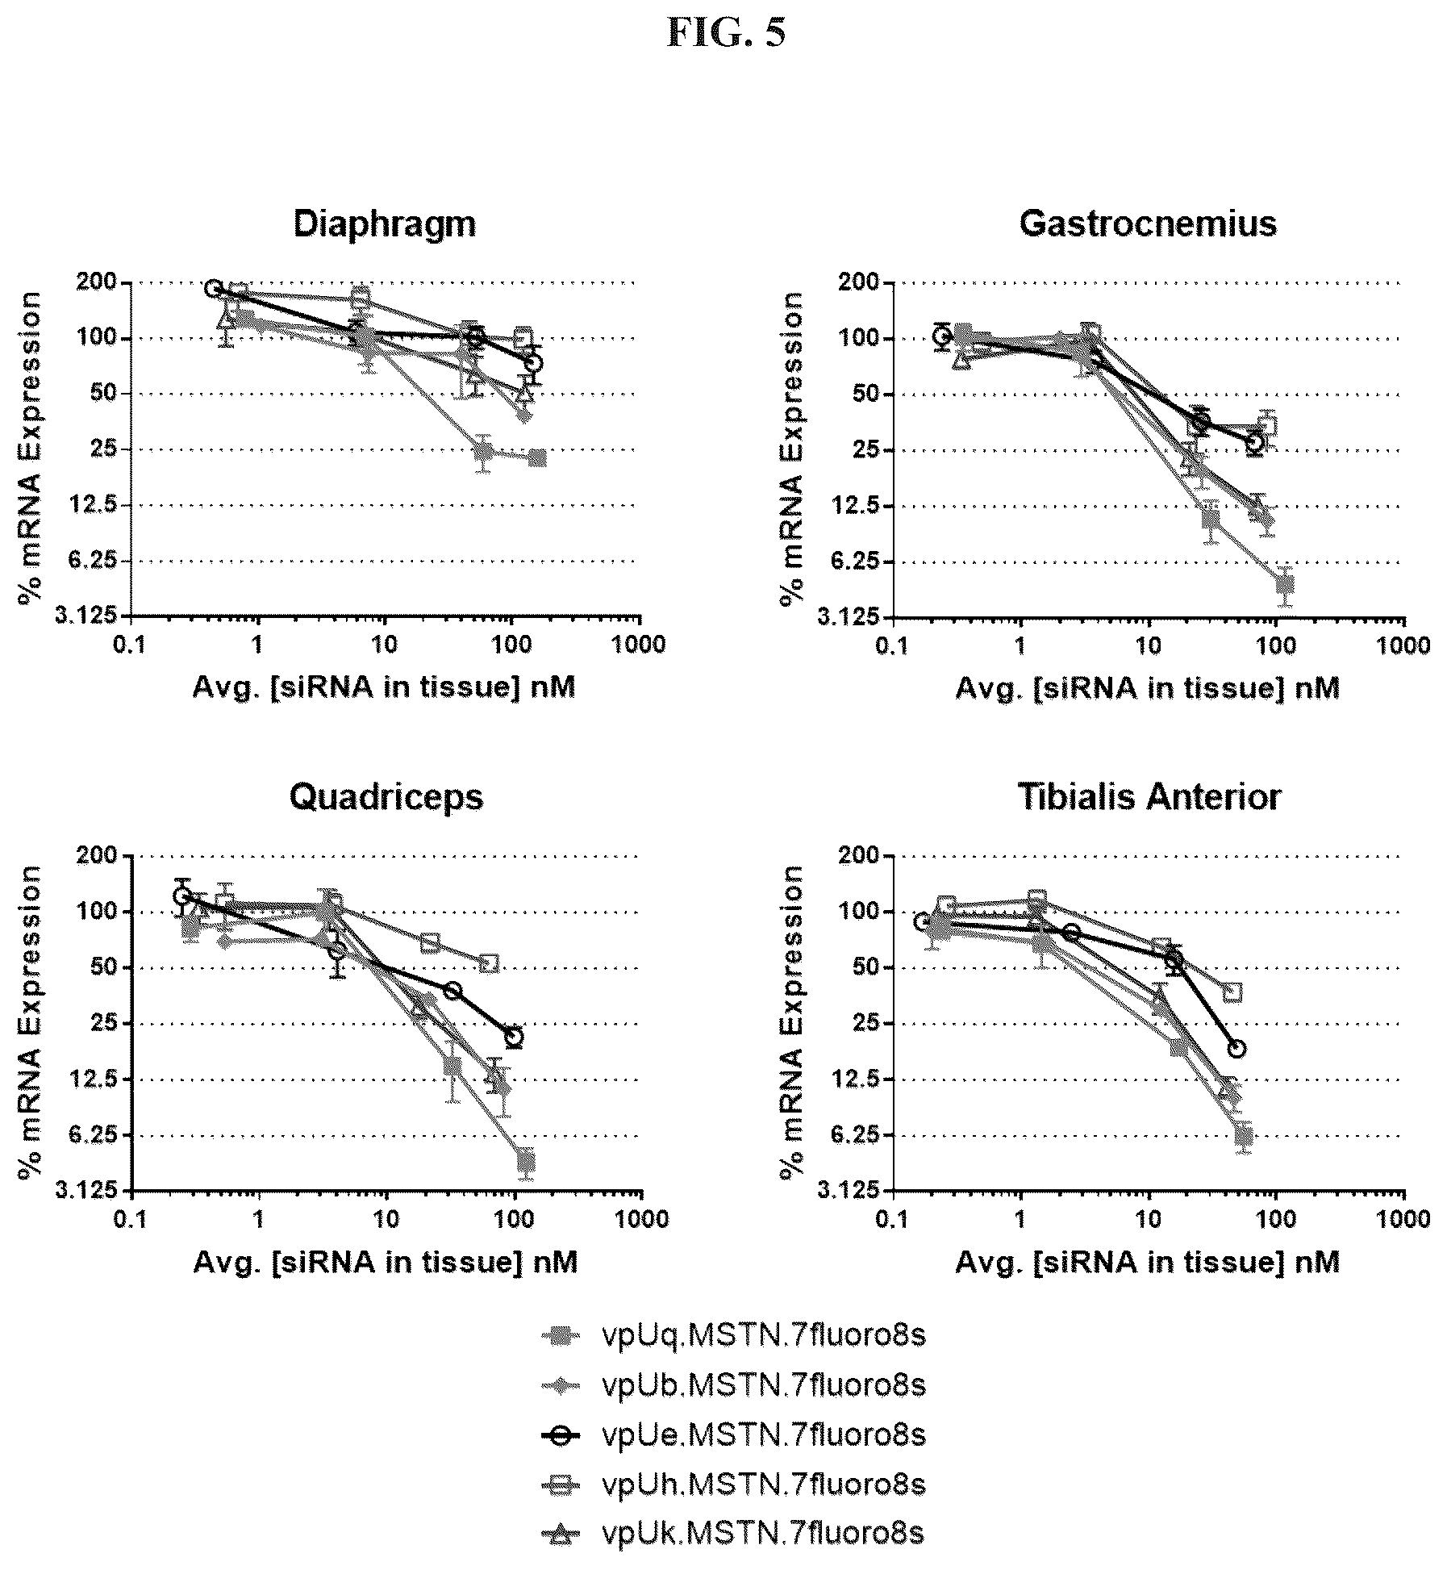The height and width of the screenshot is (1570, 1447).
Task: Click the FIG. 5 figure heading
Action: (725, 34)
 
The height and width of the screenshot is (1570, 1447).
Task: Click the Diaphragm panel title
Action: (384, 223)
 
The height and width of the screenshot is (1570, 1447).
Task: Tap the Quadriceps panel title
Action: (386, 797)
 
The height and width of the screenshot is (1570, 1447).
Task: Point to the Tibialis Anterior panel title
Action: (1149, 797)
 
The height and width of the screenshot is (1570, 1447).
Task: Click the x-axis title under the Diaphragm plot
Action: (384, 688)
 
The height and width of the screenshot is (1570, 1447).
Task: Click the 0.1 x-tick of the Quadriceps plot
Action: (131, 1218)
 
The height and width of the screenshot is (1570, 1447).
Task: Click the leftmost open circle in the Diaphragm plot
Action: (214, 288)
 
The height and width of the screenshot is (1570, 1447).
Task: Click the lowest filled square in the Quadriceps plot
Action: (526, 1163)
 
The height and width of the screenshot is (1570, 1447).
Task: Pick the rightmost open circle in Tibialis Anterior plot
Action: (1236, 1048)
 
